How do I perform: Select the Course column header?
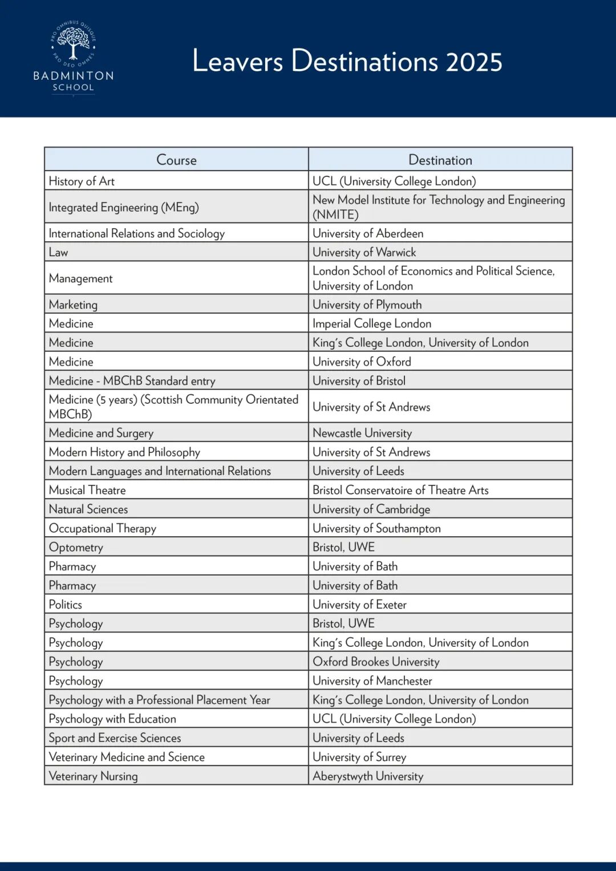tap(176, 160)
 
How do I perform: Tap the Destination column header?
tap(440, 160)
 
